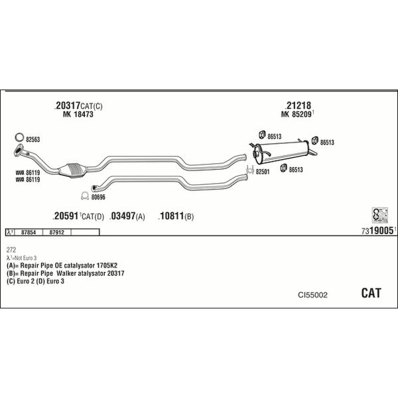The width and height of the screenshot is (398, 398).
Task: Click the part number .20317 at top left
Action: (x=67, y=105)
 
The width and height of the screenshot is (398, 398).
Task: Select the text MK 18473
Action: (x=78, y=115)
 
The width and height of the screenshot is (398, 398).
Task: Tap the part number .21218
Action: (x=298, y=105)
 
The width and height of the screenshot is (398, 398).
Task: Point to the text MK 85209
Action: (x=297, y=115)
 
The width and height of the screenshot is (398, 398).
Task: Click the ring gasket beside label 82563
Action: (x=19, y=139)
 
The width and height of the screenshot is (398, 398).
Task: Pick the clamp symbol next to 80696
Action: (x=84, y=196)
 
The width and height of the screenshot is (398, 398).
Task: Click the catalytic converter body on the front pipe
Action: (x=72, y=170)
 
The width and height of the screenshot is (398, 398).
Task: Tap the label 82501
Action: (x=263, y=171)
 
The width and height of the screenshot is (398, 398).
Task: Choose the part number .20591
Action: (x=66, y=216)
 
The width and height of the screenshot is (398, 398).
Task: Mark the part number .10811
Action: (x=171, y=216)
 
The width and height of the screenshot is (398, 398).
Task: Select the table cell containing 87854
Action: (x=29, y=233)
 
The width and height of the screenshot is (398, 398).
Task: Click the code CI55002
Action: (x=311, y=295)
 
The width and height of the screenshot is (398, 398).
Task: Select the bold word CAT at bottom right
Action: (x=371, y=293)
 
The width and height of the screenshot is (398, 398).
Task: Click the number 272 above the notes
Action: (x=11, y=250)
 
